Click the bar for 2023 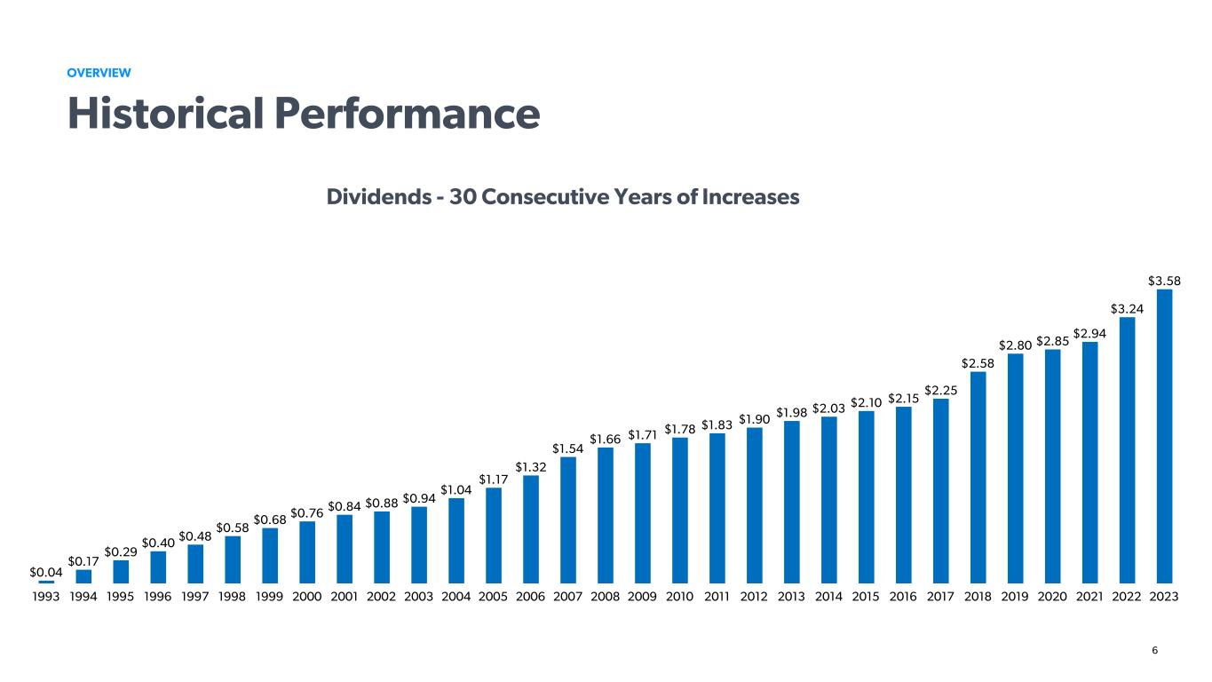[1164, 436]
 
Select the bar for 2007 [568, 519]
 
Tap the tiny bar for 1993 [46, 582]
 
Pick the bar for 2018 [978, 477]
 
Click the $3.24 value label [1127, 308]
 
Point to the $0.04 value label [46, 572]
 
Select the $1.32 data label [531, 466]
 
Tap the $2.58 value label [978, 362]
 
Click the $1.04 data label [456, 489]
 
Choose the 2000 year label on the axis [307, 597]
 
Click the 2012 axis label [755, 597]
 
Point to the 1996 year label [158, 597]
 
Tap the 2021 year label [1089, 597]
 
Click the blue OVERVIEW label [99, 72]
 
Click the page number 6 [1154, 650]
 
